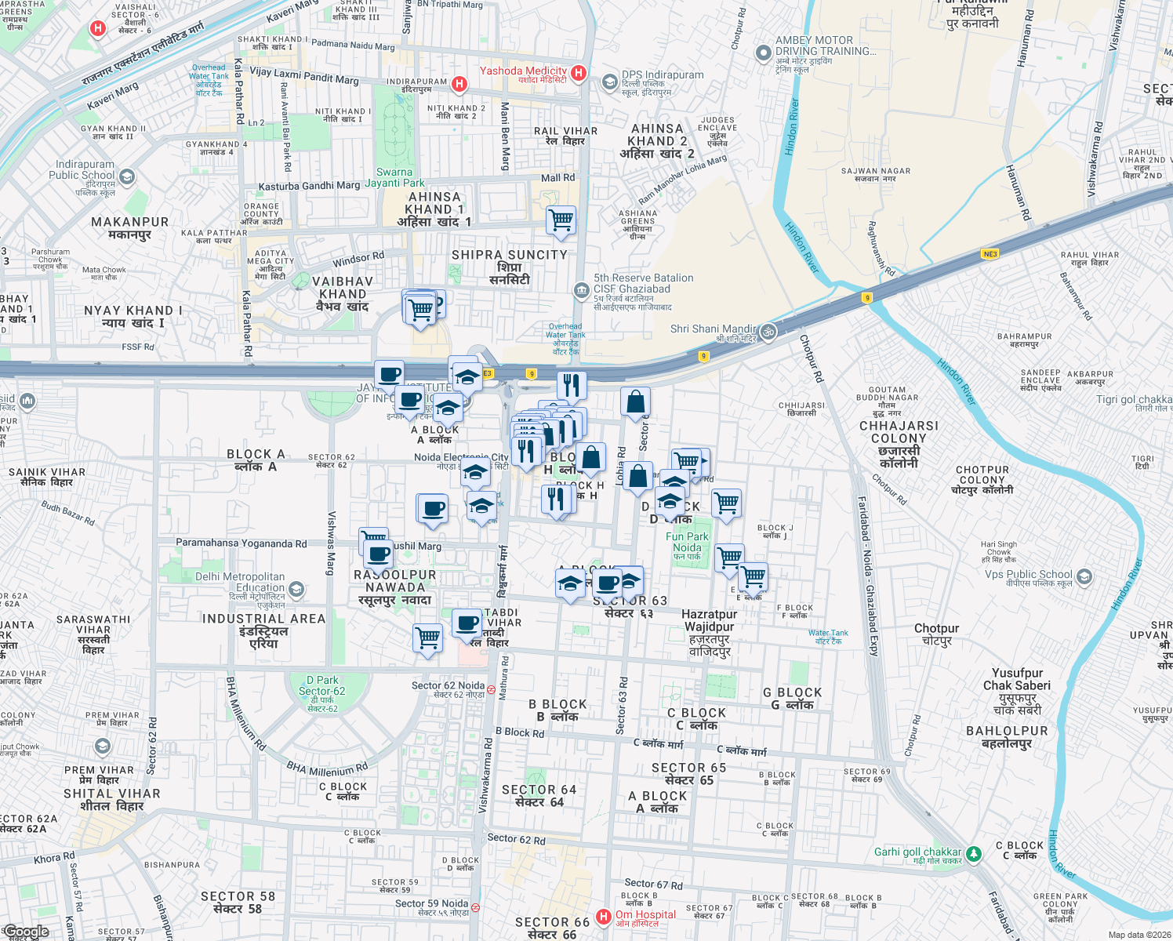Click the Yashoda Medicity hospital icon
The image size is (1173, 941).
(579, 73)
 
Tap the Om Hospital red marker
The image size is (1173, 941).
(603, 916)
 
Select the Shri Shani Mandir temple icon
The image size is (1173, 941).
(768, 331)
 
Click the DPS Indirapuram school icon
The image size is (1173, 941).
(610, 82)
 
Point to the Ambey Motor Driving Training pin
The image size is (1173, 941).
(763, 53)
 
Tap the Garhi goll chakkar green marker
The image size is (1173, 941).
(973, 853)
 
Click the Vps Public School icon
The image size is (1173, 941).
(1084, 577)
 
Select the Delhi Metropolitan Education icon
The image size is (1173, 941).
(296, 588)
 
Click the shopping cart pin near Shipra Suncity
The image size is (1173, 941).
(561, 220)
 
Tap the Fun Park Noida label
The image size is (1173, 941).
(687, 543)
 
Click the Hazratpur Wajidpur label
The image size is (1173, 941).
(710, 633)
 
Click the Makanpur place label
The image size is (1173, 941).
(129, 227)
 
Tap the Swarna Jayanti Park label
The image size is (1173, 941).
(394, 177)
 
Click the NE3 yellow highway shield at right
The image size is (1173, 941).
(990, 253)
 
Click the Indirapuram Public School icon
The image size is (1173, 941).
(127, 177)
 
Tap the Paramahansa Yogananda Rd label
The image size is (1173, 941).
(241, 543)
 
